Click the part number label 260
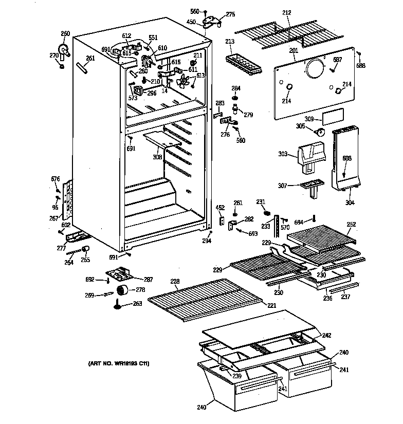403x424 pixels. (x=65, y=34)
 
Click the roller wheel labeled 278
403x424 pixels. (x=122, y=291)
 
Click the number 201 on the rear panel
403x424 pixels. (x=294, y=50)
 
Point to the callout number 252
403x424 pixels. (x=351, y=224)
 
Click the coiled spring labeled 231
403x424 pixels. (x=267, y=213)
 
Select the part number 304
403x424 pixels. (x=349, y=203)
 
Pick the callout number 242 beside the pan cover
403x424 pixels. (x=327, y=335)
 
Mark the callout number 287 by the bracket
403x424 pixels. (x=148, y=280)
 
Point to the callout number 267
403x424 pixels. (x=53, y=218)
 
